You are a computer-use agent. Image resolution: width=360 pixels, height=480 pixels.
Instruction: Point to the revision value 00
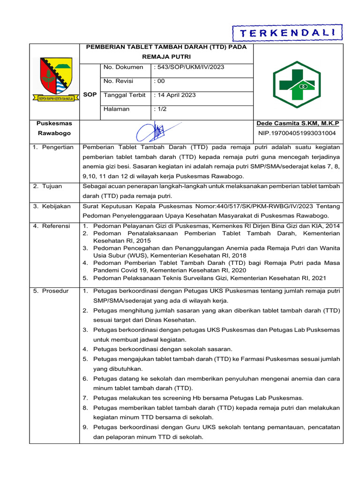point(160,81)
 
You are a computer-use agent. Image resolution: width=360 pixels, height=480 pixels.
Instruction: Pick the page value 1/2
point(161,109)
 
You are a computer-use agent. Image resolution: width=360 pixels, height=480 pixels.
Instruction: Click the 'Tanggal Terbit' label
point(125,95)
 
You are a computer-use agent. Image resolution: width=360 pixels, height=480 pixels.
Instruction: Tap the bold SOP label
point(90,95)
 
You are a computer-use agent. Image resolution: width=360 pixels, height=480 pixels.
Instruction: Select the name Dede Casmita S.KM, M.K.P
point(298,123)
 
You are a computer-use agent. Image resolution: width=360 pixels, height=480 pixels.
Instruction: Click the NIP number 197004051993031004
point(297,133)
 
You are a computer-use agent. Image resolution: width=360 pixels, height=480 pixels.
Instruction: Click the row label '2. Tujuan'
point(48,186)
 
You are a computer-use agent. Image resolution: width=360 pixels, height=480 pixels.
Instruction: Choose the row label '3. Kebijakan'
point(52,206)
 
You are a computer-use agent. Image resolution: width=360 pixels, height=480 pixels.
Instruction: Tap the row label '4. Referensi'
point(52,226)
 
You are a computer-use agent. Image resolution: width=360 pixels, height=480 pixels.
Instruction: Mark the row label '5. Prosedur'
point(51,291)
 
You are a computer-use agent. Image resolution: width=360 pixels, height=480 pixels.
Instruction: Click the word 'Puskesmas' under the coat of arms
point(54,123)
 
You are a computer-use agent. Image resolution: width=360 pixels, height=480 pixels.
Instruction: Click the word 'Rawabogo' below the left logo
point(54,133)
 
